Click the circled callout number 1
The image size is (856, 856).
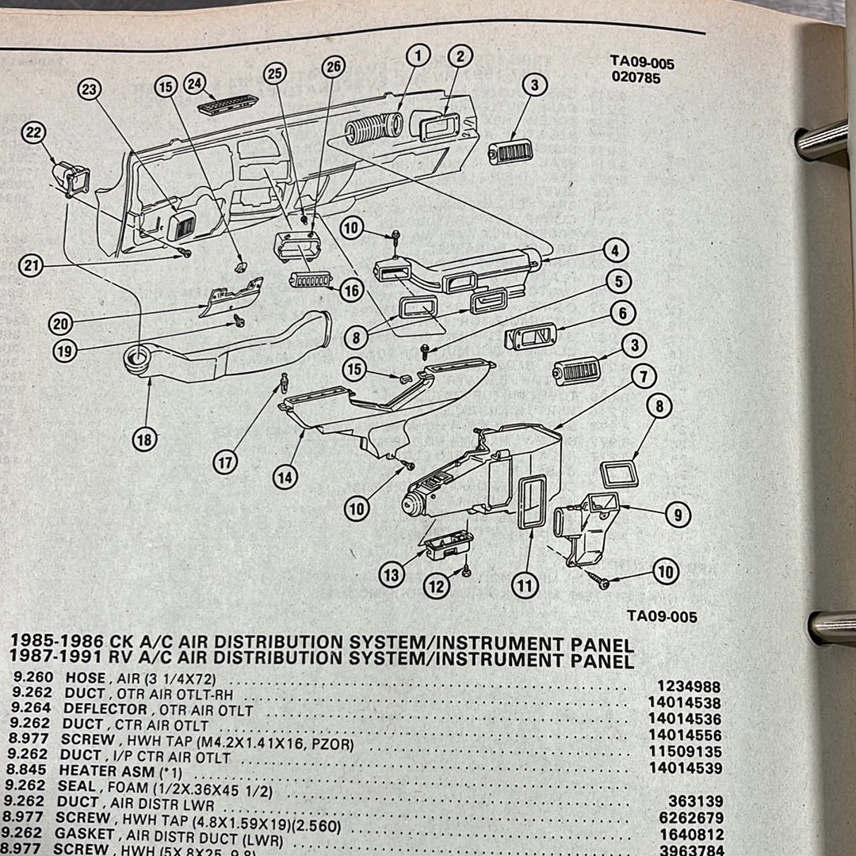[418, 55]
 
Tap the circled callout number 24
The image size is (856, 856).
[194, 82]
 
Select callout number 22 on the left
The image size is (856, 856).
[34, 133]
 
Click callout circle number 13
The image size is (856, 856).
[391, 575]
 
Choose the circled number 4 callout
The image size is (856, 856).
[615, 251]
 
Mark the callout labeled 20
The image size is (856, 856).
[61, 323]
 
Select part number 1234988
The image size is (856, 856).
[689, 687]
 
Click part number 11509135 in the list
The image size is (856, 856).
[685, 752]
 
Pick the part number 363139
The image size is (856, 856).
[697, 801]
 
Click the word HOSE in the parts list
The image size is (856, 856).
[86, 678]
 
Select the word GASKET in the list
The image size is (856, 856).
[83, 833]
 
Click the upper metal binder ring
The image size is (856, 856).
[824, 140]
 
